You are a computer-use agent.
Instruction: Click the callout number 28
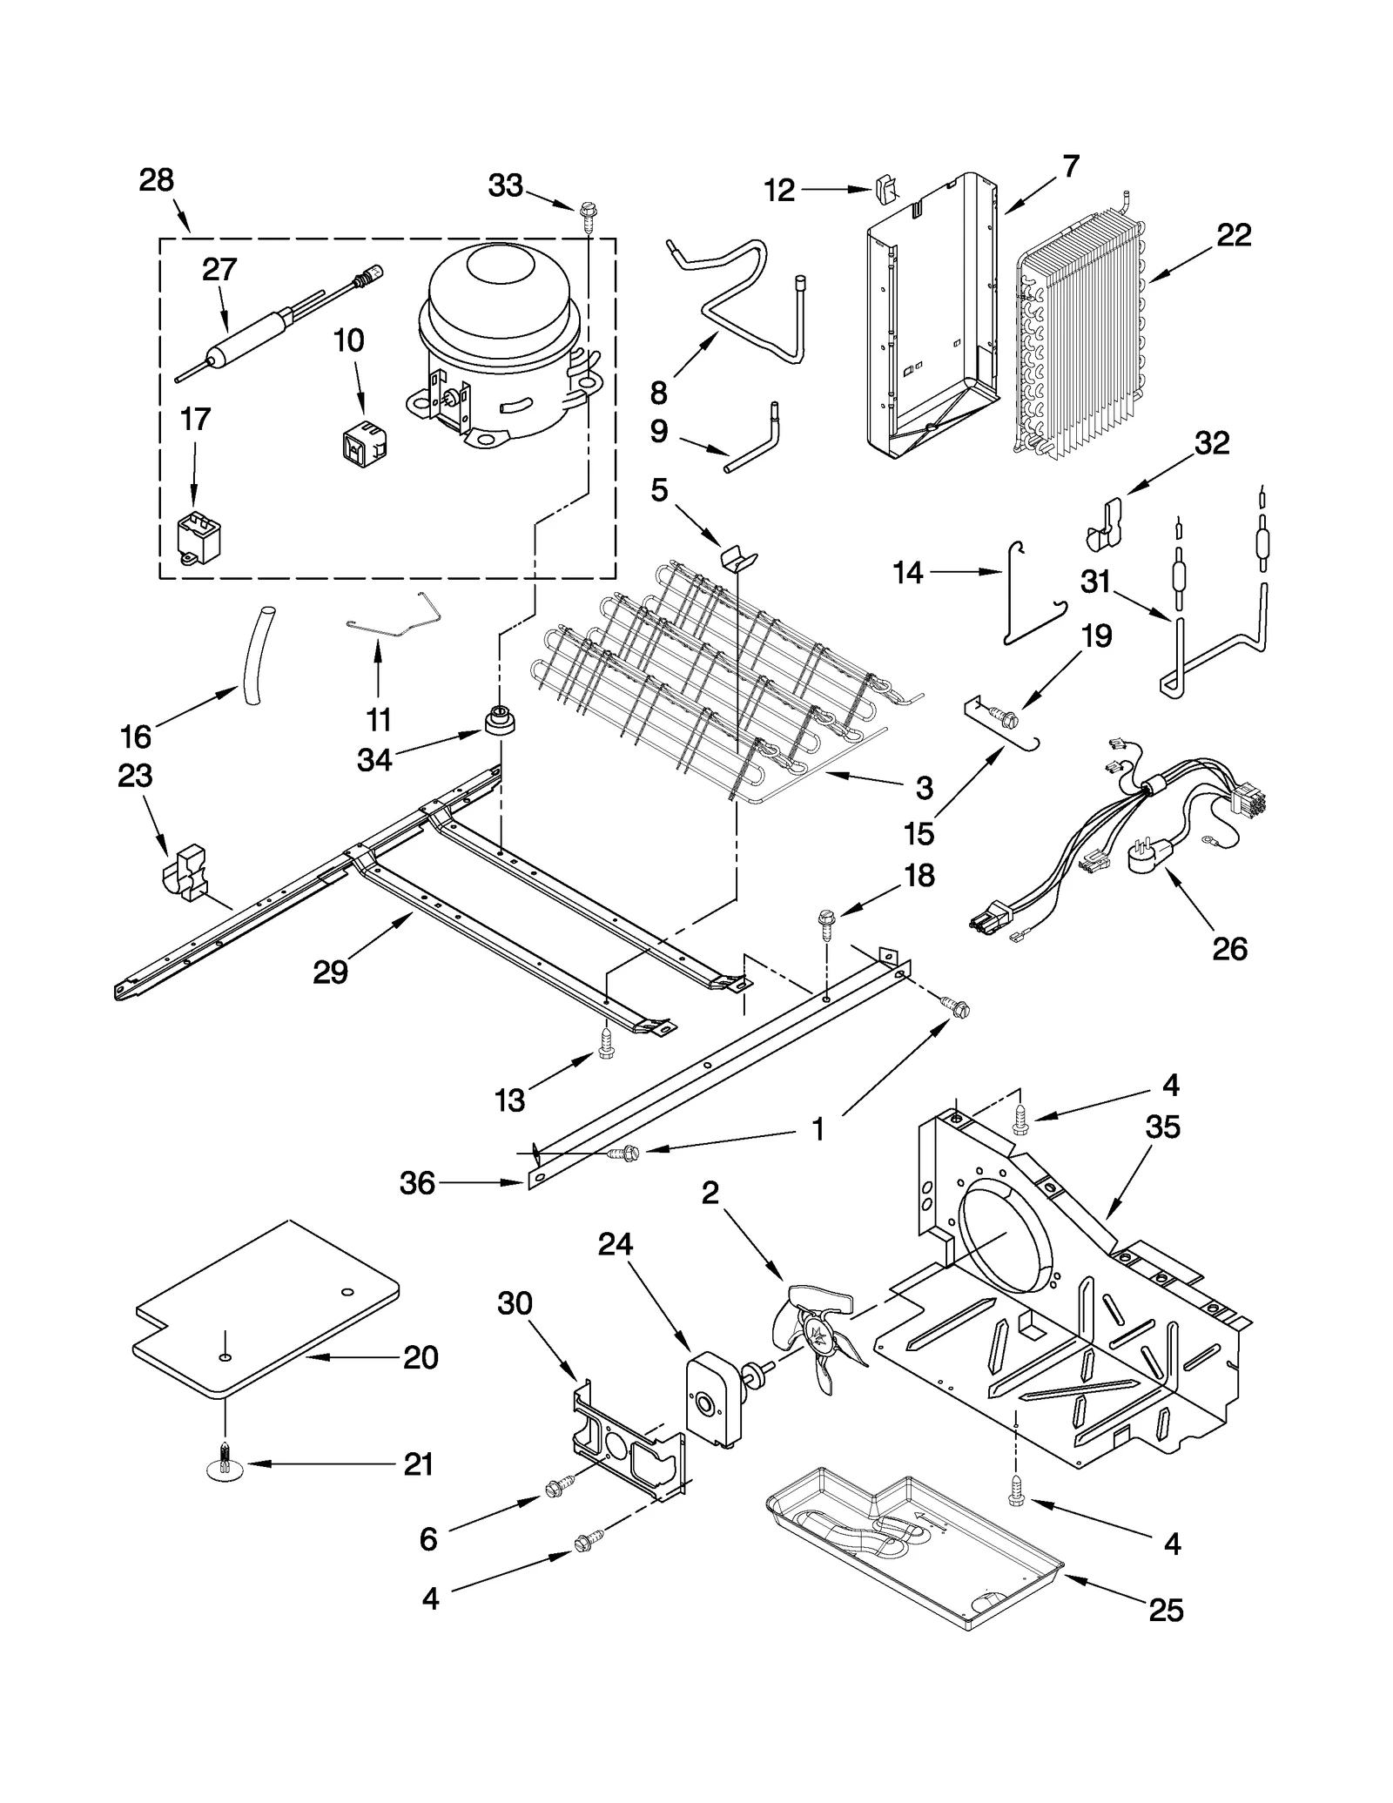[x=156, y=180]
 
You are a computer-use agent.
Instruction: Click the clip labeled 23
[x=185, y=871]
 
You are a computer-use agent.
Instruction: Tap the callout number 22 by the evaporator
[x=1233, y=235]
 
